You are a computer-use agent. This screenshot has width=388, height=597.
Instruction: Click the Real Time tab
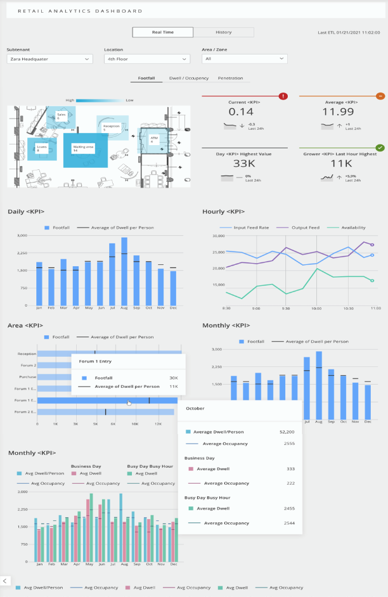click(x=163, y=32)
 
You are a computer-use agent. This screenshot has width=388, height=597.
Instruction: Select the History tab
click(x=223, y=32)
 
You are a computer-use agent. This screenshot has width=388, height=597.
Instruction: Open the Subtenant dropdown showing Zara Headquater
click(x=49, y=59)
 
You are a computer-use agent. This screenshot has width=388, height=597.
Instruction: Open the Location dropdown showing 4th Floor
click(x=147, y=59)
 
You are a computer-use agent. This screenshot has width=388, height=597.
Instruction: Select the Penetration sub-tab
click(x=230, y=79)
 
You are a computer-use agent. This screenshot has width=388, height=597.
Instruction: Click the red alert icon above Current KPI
click(x=283, y=96)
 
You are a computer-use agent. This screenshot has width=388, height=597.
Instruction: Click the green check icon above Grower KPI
click(x=380, y=148)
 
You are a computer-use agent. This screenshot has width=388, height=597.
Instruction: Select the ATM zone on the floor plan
click(x=154, y=139)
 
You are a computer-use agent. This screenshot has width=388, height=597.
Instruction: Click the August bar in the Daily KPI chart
click(x=124, y=271)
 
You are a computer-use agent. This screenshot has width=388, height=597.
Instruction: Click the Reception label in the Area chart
click(x=27, y=354)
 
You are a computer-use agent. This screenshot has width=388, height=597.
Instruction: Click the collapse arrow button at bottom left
click(x=5, y=581)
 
